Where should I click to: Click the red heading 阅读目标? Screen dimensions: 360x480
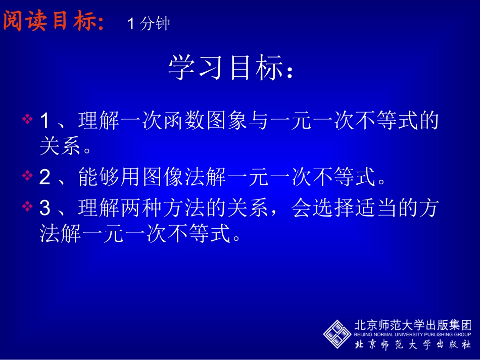tap(53, 21)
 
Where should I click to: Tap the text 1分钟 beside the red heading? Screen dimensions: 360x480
tap(149, 24)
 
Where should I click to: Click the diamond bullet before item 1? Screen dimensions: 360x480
tap(28, 120)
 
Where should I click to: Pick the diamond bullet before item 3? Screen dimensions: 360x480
tap(28, 207)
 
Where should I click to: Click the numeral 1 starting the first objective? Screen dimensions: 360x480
tap(44, 121)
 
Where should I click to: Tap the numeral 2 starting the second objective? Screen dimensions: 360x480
tap(44, 177)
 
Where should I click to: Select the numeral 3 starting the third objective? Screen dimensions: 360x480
tap(44, 209)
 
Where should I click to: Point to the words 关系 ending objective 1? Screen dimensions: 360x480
tap(60, 147)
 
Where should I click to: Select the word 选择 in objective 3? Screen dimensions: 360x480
tap(334, 209)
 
